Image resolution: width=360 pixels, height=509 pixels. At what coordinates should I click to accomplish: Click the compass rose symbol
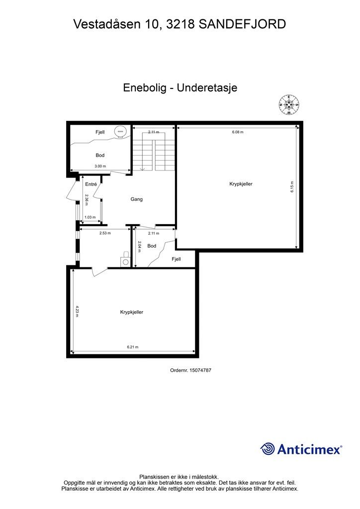(288, 104)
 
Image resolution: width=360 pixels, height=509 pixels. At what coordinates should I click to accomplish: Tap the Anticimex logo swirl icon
(268, 449)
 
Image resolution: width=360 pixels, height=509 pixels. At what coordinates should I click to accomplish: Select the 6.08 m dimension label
(238, 132)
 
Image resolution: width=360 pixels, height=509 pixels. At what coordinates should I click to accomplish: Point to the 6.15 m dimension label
(292, 187)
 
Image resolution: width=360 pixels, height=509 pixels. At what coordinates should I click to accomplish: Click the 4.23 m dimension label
(77, 311)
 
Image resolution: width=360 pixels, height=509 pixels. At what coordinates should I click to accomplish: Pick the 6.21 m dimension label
(132, 347)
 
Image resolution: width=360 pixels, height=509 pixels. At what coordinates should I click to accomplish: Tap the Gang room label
(136, 199)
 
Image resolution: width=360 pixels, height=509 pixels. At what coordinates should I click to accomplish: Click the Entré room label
(91, 184)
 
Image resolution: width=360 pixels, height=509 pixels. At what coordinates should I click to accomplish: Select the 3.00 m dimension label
(100, 166)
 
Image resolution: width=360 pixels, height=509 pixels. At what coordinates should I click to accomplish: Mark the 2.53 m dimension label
(105, 233)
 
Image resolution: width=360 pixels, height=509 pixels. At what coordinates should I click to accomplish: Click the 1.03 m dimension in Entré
(90, 218)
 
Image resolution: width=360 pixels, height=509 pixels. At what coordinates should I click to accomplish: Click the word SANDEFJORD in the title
(242, 24)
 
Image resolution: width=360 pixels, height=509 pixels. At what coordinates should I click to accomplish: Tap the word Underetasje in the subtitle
(207, 87)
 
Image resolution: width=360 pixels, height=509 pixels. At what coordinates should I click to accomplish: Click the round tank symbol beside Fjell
(120, 131)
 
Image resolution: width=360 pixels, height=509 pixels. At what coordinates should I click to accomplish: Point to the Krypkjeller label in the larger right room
(241, 184)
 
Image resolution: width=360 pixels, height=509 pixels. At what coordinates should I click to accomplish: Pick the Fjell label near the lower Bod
(176, 259)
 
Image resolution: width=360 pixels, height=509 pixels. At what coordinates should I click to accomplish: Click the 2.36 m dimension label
(87, 200)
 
